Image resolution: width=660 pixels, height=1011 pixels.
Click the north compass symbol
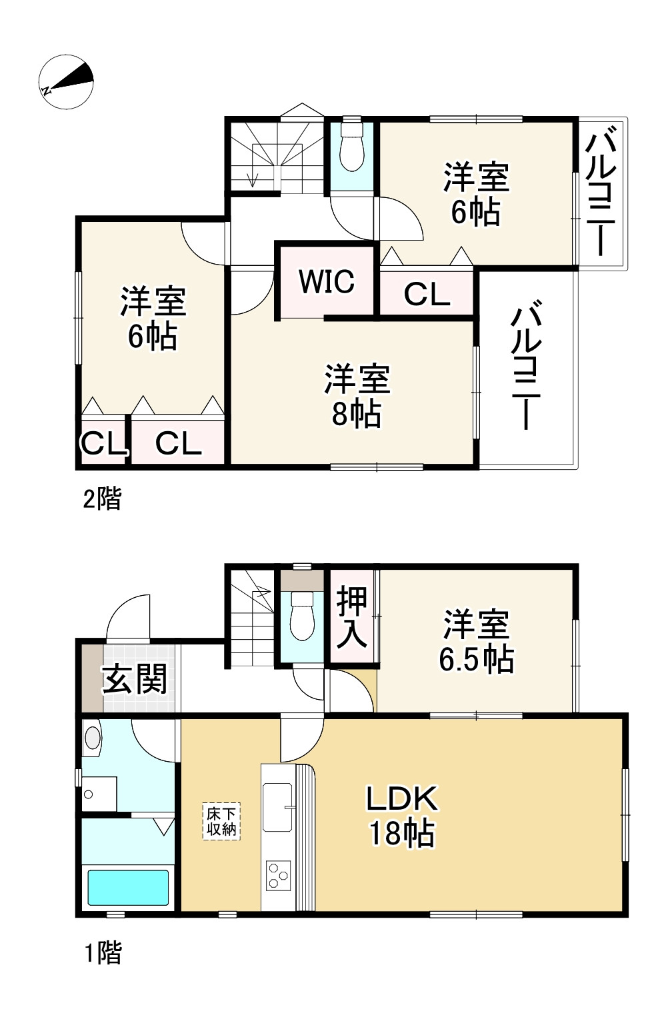tap(66, 82)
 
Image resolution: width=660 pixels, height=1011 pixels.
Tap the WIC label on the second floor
tap(326, 281)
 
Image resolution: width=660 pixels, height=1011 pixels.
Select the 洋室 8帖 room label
tap(357, 395)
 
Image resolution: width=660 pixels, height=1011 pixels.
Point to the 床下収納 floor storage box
tap(221, 821)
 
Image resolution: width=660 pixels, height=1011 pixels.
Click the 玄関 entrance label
tap(135, 680)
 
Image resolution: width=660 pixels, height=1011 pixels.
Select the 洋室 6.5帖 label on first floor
tap(476, 641)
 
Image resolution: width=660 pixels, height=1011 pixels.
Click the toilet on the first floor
tap(302, 617)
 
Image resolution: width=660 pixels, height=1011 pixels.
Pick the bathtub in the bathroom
tap(128, 887)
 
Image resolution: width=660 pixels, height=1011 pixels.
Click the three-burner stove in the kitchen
tap(278, 874)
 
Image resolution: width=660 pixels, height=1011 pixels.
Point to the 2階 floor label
tap(102, 499)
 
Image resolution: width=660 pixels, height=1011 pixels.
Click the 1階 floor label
tap(103, 953)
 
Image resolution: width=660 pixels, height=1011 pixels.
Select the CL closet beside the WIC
tap(427, 294)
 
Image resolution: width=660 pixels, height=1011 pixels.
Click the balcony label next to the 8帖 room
tap(527, 367)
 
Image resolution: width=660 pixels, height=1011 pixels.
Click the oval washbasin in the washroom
tap(92, 738)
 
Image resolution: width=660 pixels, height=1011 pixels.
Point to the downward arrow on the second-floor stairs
tap(253, 178)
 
